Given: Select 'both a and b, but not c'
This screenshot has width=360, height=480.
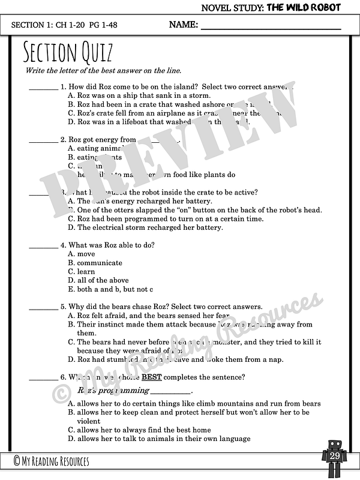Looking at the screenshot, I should [x=110, y=289].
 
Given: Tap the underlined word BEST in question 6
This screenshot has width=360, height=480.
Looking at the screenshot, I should [x=151, y=377].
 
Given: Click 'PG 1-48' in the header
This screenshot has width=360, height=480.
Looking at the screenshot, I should [x=104, y=25].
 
